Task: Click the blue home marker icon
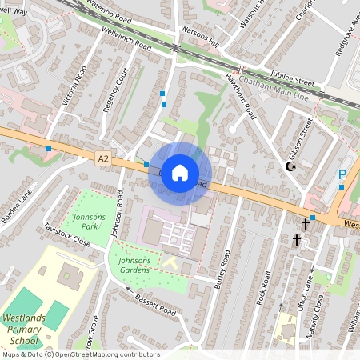(180, 173)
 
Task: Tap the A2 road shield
(102, 159)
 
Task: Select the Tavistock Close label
(67, 234)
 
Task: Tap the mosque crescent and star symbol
(291, 166)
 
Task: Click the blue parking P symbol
(342, 174)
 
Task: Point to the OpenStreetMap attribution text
(80, 354)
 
